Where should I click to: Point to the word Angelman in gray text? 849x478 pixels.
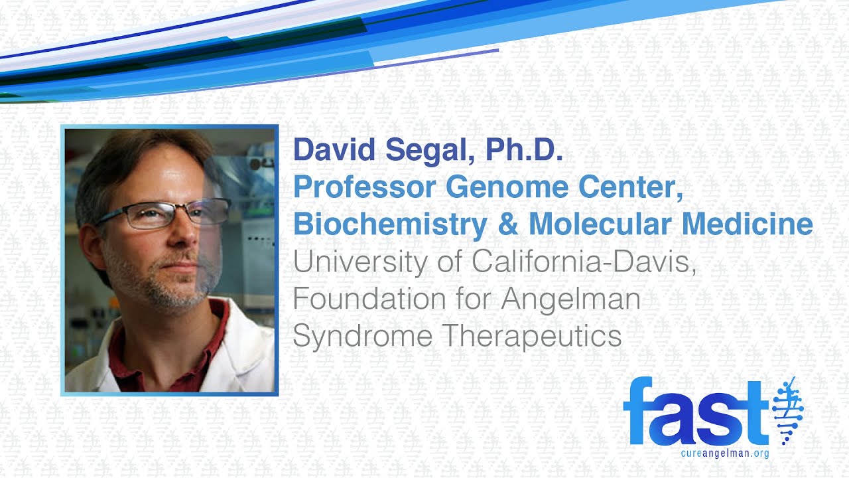[x=570, y=300]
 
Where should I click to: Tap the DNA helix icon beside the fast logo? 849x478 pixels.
[x=789, y=412]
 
